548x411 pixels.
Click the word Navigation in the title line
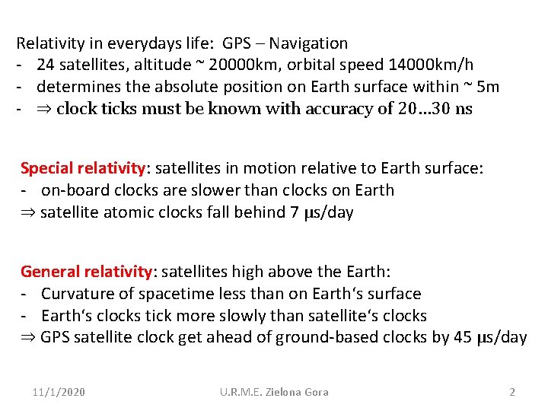(x=308, y=43)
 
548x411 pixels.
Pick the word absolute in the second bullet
(x=171, y=87)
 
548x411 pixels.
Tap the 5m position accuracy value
(x=486, y=87)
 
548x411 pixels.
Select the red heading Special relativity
(x=82, y=168)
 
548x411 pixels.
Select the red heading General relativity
(x=86, y=272)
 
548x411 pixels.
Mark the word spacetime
(x=176, y=294)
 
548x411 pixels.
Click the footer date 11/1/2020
(x=59, y=392)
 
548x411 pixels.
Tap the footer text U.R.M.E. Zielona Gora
(x=274, y=392)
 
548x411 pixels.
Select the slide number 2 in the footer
(x=512, y=392)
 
